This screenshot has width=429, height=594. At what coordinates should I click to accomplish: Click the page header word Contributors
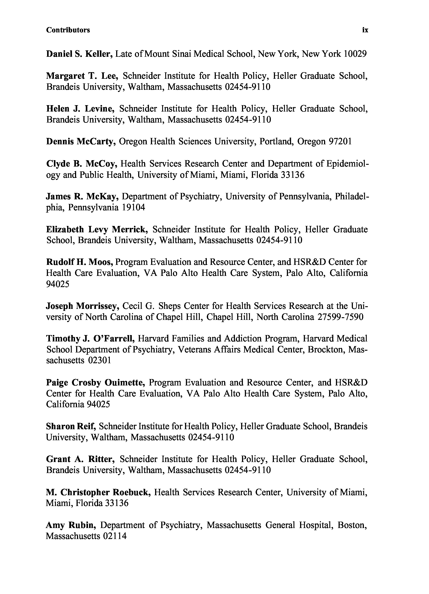click(x=68, y=30)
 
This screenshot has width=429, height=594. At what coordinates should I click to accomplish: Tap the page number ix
click(x=365, y=30)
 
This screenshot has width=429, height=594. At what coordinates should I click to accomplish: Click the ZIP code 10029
click(x=355, y=54)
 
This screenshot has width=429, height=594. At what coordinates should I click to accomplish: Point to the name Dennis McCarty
click(x=81, y=142)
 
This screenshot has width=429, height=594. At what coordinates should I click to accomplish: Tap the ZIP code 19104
click(x=133, y=208)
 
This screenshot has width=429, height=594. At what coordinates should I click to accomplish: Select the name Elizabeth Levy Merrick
click(x=97, y=229)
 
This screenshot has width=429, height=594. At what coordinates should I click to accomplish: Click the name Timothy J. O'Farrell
click(x=90, y=339)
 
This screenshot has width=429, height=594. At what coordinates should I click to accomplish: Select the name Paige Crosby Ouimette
click(x=96, y=383)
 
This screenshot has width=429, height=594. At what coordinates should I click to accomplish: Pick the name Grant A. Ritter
click(x=80, y=459)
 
